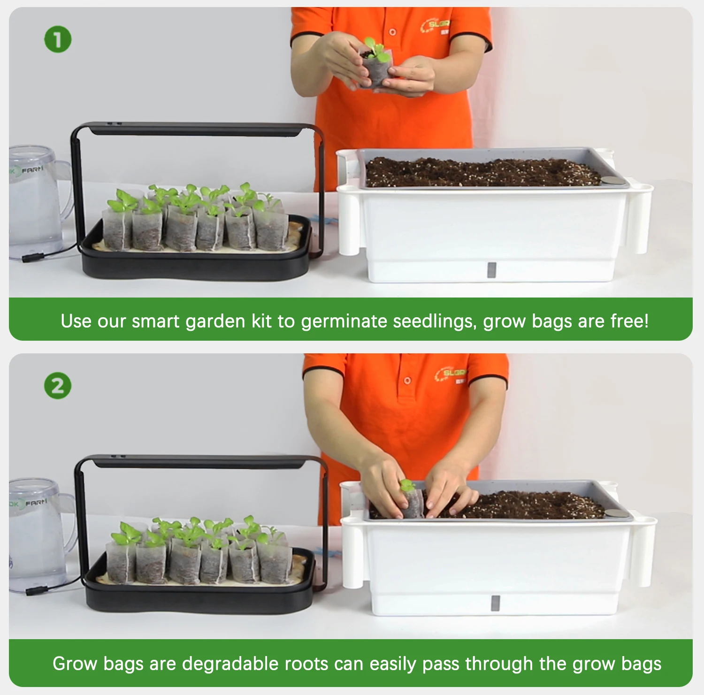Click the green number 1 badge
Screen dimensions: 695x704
[x=58, y=39]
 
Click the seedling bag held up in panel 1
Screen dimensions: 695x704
[x=375, y=70]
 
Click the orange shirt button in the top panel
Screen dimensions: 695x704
[x=392, y=32]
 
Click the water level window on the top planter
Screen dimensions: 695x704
[x=491, y=269]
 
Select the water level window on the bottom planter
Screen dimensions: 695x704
[x=495, y=603]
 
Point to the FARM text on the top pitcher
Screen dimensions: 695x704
[x=32, y=169]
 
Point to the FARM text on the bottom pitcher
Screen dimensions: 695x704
[x=36, y=503]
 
